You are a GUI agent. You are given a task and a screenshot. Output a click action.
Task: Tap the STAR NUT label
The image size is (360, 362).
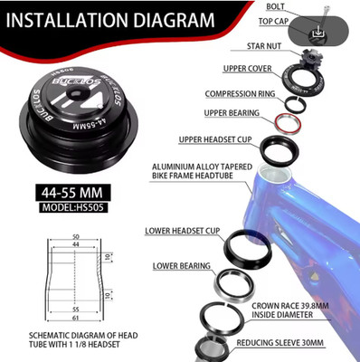coord(264,46)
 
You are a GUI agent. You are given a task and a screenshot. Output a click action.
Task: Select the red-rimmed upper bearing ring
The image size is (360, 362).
coord(288,122)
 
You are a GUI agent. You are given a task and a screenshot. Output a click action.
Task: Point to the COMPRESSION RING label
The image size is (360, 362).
coord(240,94)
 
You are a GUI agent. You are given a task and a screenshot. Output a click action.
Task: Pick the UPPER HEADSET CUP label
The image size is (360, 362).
coord(215,140)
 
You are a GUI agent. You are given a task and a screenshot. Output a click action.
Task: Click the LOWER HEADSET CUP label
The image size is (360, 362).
coord(183,231)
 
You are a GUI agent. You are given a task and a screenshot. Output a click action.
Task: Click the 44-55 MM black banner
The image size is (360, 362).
coord(71,193)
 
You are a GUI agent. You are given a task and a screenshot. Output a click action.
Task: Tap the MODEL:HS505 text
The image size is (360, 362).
coord(73,207)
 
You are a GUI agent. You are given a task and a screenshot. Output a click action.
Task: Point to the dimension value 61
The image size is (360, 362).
coord(75,318)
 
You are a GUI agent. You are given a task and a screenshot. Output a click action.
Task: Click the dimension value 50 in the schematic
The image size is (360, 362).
coord(75,237)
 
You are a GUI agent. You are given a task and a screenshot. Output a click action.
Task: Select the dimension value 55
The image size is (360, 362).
coord(75,310)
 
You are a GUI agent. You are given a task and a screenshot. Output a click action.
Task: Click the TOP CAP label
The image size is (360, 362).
coord(273,22)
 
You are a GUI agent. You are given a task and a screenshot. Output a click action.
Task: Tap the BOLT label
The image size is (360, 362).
coord(275,6)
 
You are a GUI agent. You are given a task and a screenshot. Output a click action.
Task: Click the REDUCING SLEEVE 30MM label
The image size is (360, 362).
coord(279,343)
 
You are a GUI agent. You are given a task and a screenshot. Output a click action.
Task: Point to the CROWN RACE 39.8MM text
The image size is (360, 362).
coord(290,306)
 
